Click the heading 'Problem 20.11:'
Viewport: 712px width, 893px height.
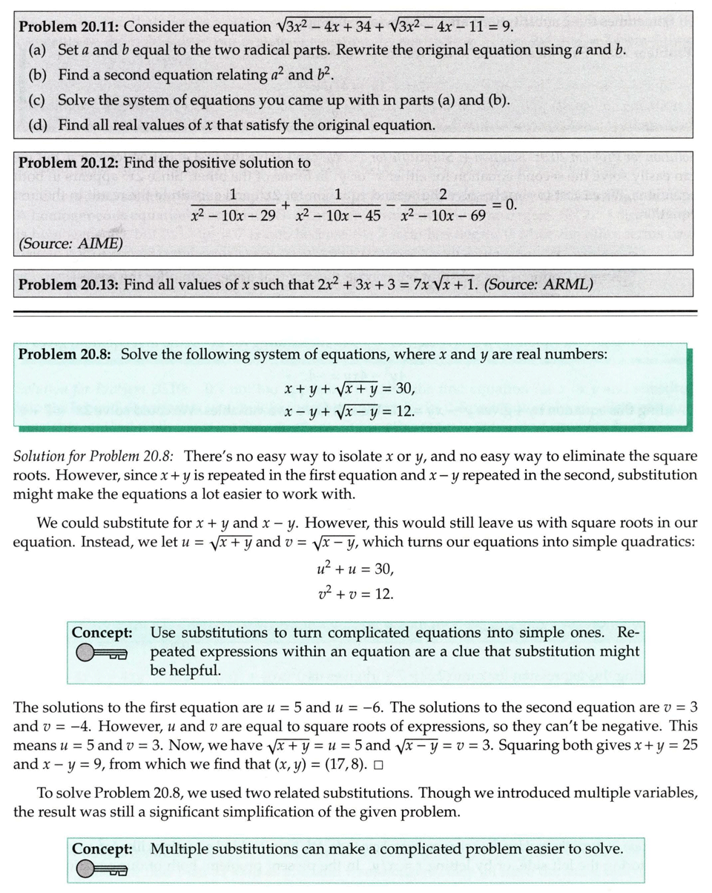click(68, 27)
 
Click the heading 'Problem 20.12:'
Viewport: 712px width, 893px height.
click(68, 163)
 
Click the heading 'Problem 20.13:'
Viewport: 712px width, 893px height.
click(68, 285)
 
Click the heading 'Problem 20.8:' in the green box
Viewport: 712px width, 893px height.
click(65, 354)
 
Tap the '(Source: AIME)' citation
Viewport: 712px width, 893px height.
click(70, 243)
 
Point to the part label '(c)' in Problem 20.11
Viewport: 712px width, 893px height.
click(38, 100)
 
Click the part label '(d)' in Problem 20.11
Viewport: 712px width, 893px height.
click(38, 125)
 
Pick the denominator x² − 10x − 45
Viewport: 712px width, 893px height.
click(340, 217)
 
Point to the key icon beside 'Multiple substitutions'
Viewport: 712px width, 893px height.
click(102, 869)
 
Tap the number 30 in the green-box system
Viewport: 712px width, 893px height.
click(406, 387)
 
